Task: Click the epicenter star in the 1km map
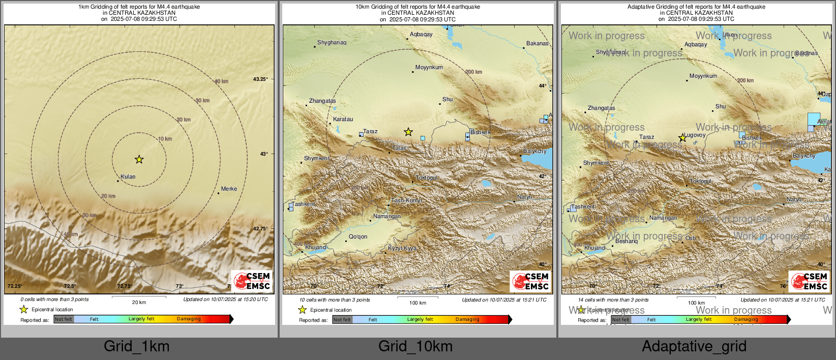(139, 160)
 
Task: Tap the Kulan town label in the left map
(128, 177)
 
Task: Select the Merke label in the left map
(229, 189)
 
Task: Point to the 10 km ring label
(165, 139)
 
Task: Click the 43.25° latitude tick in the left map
(260, 79)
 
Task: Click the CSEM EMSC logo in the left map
(252, 281)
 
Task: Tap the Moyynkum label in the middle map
(429, 67)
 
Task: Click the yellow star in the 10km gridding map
(408, 132)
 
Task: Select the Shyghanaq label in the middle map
(332, 43)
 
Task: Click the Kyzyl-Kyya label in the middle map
(402, 249)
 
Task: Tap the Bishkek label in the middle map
(480, 132)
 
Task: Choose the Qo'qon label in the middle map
(358, 237)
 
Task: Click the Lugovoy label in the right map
(695, 135)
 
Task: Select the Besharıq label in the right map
(626, 241)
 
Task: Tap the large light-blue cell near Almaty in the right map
(814, 119)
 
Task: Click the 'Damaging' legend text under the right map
(746, 319)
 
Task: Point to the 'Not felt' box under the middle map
(342, 320)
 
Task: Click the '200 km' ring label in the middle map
(474, 72)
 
